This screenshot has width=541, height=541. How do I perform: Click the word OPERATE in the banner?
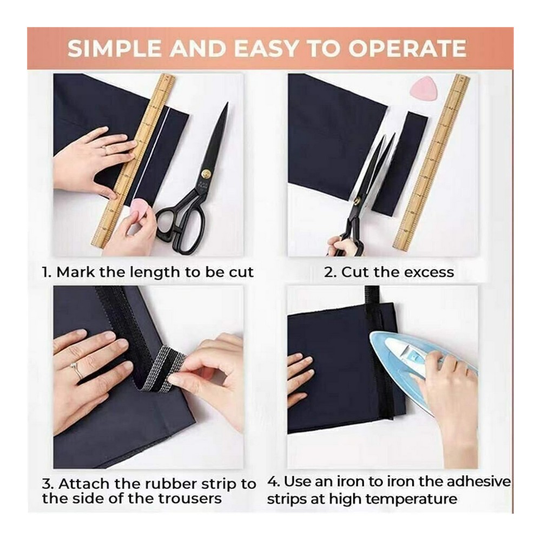point(407,48)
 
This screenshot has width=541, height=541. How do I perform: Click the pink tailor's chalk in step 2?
point(420,87)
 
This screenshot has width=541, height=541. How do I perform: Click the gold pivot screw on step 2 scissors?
point(357,198)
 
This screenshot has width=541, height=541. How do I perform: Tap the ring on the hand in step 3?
point(77,369)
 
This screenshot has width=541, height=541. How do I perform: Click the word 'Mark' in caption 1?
point(76,272)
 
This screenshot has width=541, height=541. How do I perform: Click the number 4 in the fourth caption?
point(272,481)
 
